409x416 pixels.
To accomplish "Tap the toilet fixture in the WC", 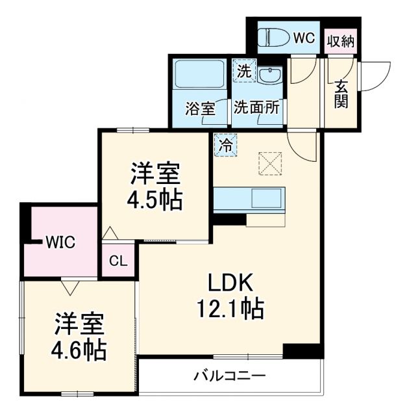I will [273, 38].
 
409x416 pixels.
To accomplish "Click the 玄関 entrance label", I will [341, 94].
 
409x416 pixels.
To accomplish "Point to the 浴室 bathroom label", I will [199, 108].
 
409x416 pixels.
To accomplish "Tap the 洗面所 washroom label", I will [257, 108].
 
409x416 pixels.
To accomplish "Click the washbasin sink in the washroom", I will [268, 75].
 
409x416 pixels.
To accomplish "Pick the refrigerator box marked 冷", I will [225, 144].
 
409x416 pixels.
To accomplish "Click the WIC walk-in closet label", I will [60, 243].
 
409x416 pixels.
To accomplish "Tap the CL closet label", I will [118, 261].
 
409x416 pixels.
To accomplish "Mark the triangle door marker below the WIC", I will [70, 287].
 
